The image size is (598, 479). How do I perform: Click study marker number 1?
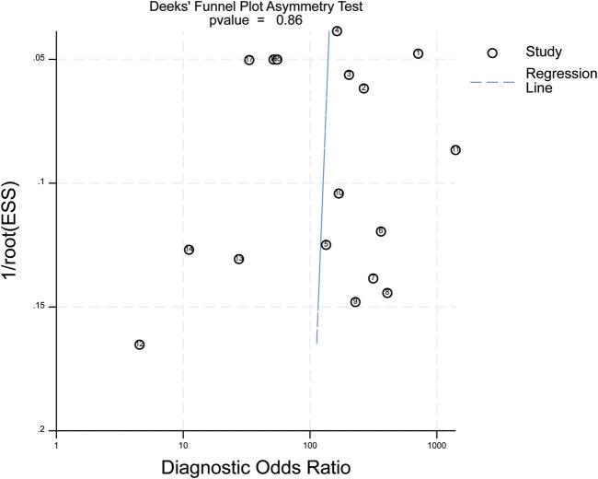418,53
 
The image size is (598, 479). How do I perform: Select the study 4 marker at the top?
337,31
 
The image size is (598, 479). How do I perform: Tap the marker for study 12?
139,345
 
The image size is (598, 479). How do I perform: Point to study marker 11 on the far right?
455,150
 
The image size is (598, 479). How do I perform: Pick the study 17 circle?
249,60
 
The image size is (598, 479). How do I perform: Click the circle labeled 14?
189,250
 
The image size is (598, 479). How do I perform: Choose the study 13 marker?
238,259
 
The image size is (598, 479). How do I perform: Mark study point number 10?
339,193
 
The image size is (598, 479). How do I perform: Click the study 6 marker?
380,231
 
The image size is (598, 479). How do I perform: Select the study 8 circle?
387,293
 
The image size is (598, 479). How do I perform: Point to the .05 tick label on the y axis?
39,60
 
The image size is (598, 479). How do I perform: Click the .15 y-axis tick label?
39,307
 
